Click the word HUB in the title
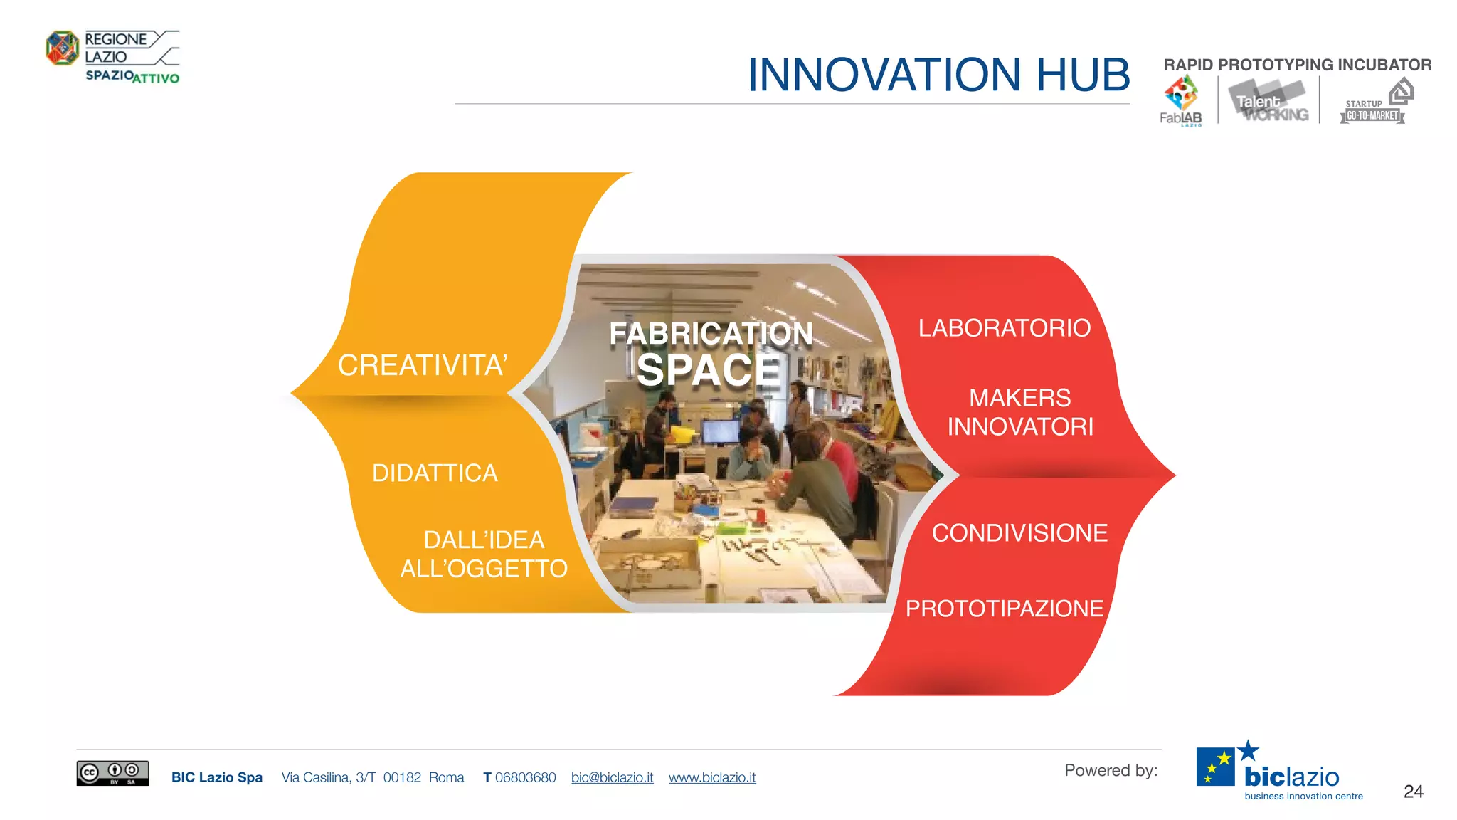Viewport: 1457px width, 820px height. coord(1082,75)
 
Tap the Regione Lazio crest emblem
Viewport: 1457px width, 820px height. coord(62,48)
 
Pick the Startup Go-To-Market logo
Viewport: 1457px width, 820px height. coord(1374,103)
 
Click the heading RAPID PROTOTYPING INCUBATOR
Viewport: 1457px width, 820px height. coord(1297,65)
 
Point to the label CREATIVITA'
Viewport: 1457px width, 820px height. coord(422,365)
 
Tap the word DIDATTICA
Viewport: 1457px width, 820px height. coord(435,473)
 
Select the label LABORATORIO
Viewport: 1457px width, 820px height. coord(1004,328)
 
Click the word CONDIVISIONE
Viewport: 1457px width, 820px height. coord(1019,533)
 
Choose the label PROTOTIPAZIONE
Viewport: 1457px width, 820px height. coord(1004,609)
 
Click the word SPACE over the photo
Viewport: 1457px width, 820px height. coord(708,371)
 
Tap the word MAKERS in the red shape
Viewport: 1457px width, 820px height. coord(1019,397)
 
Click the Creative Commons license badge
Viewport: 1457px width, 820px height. coord(112,773)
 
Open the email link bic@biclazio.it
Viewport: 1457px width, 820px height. coord(612,777)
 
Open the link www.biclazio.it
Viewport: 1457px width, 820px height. coord(712,777)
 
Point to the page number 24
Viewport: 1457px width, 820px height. coord(1413,792)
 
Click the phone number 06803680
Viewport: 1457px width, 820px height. coord(525,777)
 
